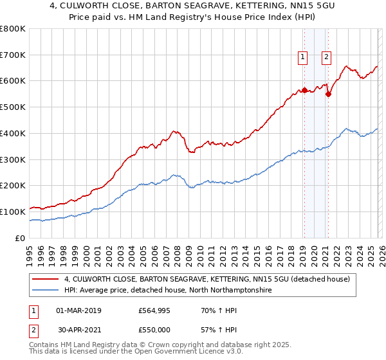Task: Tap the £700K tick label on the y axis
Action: point(13,55)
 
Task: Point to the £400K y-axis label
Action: point(13,134)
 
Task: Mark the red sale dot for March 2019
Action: point(304,90)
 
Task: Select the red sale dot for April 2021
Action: point(328,94)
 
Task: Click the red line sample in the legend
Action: point(47,279)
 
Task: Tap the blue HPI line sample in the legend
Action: point(47,291)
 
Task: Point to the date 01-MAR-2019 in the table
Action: point(78,310)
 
